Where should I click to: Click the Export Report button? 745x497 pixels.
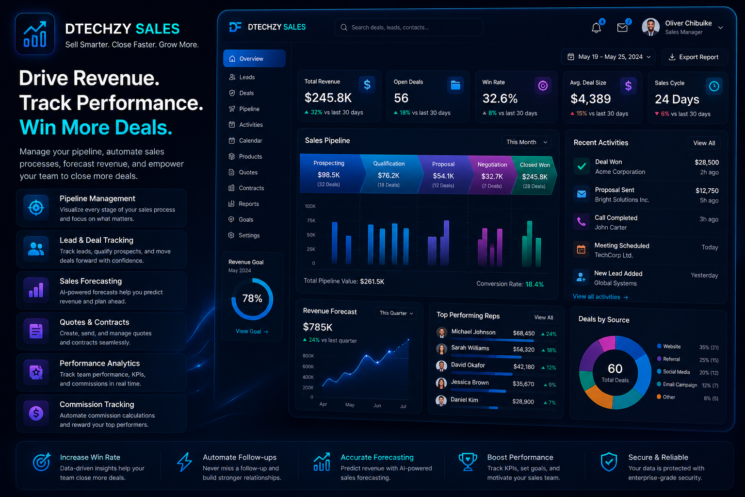(x=695, y=57)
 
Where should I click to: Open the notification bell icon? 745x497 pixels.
(x=596, y=28)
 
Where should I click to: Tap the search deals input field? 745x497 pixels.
(x=408, y=27)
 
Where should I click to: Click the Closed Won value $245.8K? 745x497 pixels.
(x=534, y=177)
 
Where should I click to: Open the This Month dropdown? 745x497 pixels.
(x=526, y=142)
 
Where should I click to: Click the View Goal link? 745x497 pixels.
(x=252, y=331)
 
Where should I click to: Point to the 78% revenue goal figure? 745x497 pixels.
(x=252, y=298)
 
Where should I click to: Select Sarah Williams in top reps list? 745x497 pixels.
(x=470, y=348)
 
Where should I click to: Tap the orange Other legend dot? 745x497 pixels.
(x=659, y=397)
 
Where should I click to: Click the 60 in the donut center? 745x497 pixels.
(x=615, y=368)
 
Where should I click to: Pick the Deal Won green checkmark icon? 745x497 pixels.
(x=582, y=166)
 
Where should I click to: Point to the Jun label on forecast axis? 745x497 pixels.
(x=377, y=405)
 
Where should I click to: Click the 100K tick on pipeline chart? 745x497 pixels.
(x=310, y=206)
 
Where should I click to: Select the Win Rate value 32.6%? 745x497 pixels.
(x=500, y=99)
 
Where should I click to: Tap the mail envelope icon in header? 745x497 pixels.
(x=622, y=28)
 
